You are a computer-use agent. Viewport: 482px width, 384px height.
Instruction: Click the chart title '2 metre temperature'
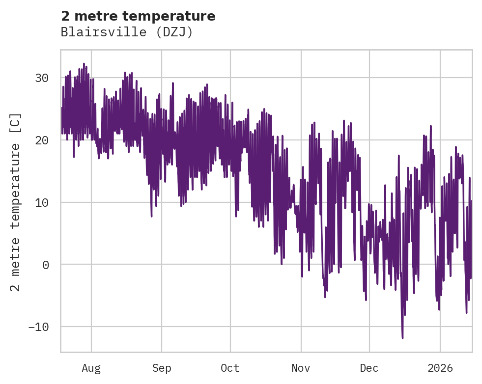pyautogui.click(x=138, y=16)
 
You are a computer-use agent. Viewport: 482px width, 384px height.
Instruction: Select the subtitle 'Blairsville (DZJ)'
pyautogui.click(x=127, y=32)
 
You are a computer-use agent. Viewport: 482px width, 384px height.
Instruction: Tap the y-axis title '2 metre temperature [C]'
pyautogui.click(x=16, y=202)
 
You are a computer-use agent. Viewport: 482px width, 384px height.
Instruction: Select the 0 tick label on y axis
pyautogui.click(x=46, y=265)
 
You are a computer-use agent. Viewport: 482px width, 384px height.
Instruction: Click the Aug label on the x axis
pyautogui.click(x=91, y=368)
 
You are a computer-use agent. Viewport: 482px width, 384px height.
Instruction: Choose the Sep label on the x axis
pyautogui.click(x=161, y=368)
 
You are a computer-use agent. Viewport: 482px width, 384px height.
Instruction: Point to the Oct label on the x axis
pyautogui.click(x=230, y=368)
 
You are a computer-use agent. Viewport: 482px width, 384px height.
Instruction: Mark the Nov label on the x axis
pyautogui.click(x=301, y=368)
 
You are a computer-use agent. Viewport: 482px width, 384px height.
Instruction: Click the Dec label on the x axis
pyautogui.click(x=369, y=368)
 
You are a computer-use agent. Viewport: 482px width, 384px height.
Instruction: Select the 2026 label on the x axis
pyautogui.click(x=440, y=368)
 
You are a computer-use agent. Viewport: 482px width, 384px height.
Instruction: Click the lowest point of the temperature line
pyautogui.click(x=402, y=338)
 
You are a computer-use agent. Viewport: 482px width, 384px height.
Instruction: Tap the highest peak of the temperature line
pyautogui.click(x=84, y=63)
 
